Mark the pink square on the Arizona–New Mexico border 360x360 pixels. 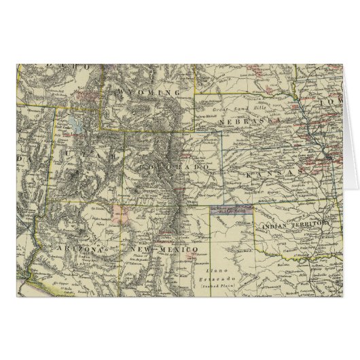(x=122, y=214)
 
